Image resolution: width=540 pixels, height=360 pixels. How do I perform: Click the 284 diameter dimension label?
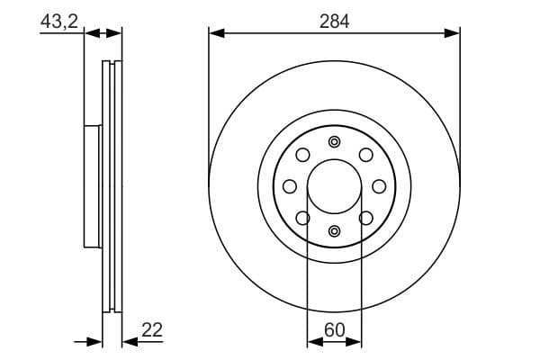click(x=334, y=20)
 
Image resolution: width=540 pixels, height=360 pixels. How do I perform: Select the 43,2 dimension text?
click(x=58, y=20)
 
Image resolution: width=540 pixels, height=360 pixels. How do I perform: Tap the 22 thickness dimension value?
click(x=151, y=330)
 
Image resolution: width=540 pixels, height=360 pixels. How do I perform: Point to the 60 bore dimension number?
click(x=334, y=330)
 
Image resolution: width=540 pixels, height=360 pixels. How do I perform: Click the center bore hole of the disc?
click(x=334, y=186)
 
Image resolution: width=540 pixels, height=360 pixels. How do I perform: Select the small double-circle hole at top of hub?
click(x=334, y=141)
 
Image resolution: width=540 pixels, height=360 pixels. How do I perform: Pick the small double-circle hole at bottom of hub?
click(x=334, y=231)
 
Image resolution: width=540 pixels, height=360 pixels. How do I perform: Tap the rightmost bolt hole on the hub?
click(x=379, y=186)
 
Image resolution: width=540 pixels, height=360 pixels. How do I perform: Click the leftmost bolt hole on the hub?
click(x=289, y=186)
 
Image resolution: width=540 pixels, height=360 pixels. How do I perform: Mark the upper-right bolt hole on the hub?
click(x=365, y=155)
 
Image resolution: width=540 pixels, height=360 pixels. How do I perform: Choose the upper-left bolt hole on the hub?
click(x=302, y=155)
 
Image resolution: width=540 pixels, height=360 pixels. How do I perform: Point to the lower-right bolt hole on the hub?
click(x=365, y=218)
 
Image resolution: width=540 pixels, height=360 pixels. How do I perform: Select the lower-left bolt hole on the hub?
click(x=302, y=218)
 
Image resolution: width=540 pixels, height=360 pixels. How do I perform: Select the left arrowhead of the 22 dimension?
click(x=96, y=342)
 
